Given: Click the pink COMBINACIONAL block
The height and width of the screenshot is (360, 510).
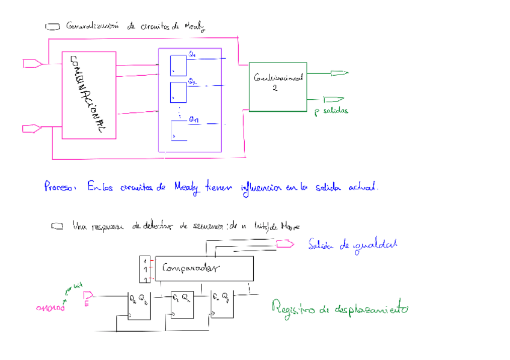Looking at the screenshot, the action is (88, 95).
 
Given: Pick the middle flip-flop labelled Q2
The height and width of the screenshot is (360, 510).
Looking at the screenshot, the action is (179, 92).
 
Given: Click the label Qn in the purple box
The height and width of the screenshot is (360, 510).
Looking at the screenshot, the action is (194, 120).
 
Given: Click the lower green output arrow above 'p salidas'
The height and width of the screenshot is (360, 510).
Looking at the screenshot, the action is (333, 99).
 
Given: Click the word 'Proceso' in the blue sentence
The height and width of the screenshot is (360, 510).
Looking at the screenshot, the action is (60, 187).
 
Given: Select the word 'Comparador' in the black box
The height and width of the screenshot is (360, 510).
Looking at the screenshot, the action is (191, 268).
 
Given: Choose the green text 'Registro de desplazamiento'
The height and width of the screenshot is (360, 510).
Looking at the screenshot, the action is (340, 309).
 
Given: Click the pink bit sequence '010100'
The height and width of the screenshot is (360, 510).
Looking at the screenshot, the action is (51, 308).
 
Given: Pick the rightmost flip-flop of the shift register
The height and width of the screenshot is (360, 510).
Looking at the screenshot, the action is (221, 305).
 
